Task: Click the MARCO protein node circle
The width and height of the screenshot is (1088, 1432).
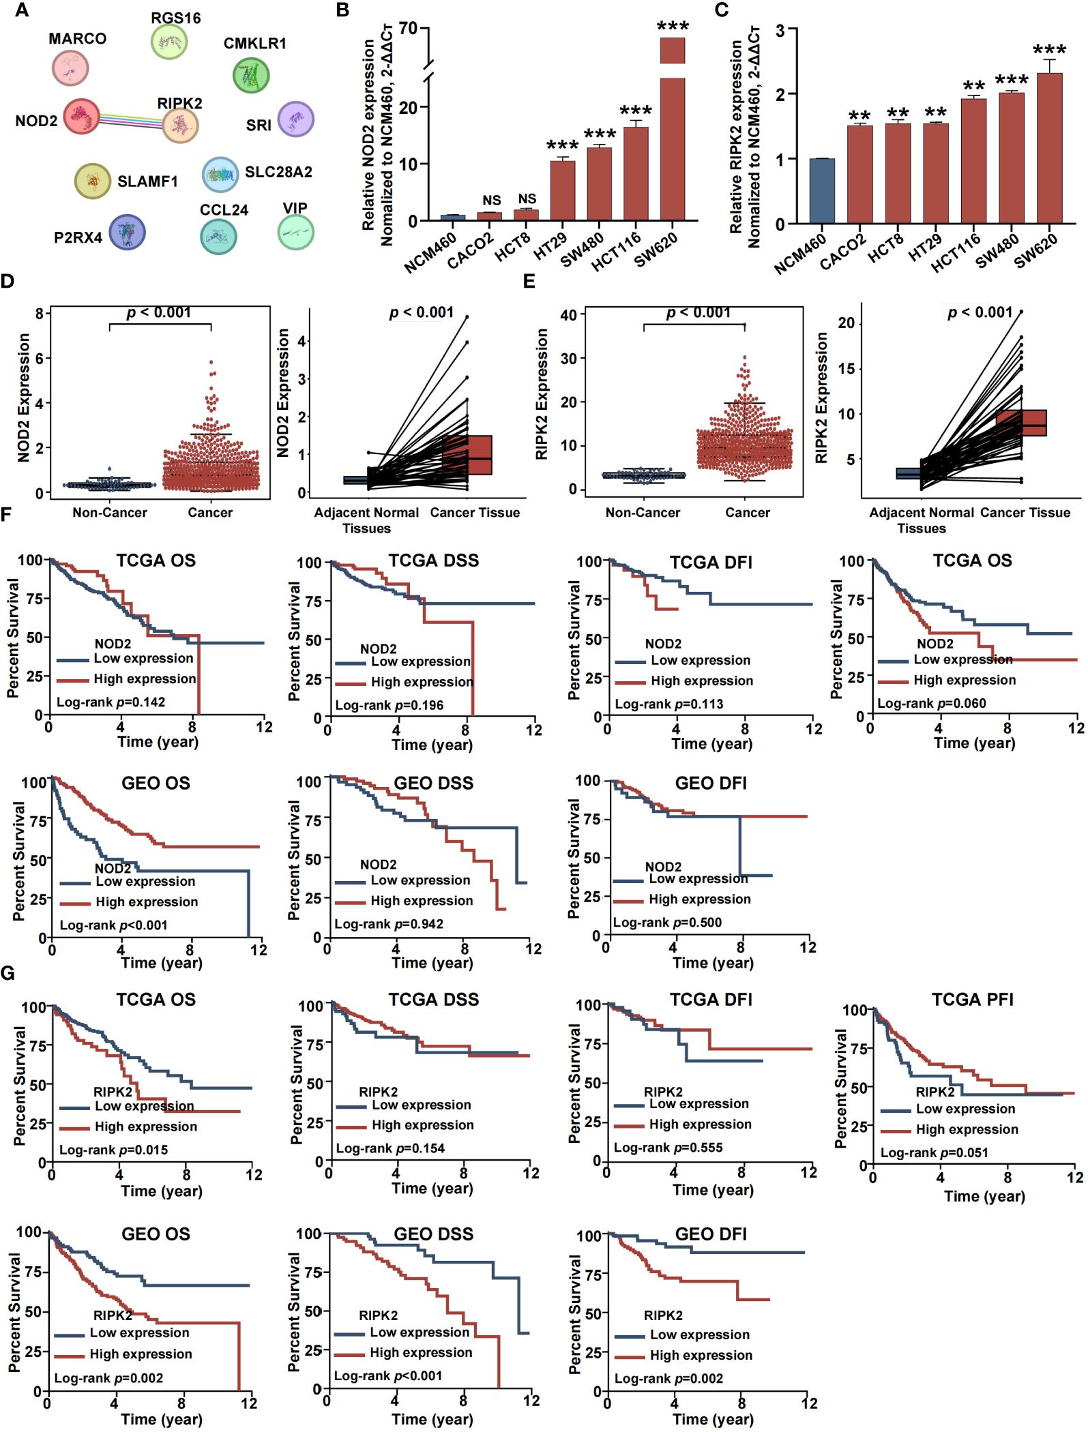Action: point(70,68)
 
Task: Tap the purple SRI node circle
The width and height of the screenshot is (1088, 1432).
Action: point(296,119)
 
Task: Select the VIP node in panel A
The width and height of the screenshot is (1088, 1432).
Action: point(296,233)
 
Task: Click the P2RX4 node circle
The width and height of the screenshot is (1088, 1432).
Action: point(127,232)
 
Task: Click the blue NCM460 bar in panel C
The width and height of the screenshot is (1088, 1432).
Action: point(822,191)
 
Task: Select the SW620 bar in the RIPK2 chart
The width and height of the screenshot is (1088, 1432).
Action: point(1049,148)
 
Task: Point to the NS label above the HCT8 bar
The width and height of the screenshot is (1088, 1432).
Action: point(527,199)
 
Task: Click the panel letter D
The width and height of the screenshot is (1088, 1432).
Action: point(8,281)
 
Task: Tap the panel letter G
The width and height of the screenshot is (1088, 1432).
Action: point(8,972)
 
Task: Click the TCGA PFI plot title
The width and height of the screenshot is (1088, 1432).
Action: point(973,1000)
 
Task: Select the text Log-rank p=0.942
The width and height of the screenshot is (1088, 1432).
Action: point(389,924)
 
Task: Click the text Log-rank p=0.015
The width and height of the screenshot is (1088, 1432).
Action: point(113,1150)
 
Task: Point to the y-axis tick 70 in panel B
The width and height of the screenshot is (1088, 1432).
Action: point(408,29)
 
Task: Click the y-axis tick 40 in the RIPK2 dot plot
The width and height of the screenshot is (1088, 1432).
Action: point(568,315)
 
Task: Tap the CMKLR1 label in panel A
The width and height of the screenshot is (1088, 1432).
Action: point(255,44)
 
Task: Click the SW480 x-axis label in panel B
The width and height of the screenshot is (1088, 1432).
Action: point(581,250)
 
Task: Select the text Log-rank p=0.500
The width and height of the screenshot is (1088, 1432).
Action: point(667,923)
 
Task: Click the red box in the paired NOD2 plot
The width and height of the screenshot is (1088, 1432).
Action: point(468,455)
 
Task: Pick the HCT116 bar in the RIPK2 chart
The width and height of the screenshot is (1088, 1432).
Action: point(973,161)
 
